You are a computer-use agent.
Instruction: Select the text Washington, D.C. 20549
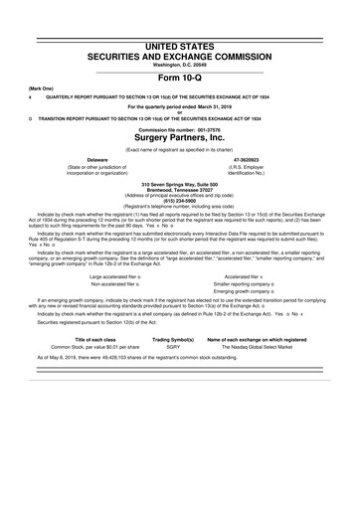point(179,38)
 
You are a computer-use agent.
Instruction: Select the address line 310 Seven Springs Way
point(179,184)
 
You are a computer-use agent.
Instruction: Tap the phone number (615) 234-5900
point(179,199)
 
